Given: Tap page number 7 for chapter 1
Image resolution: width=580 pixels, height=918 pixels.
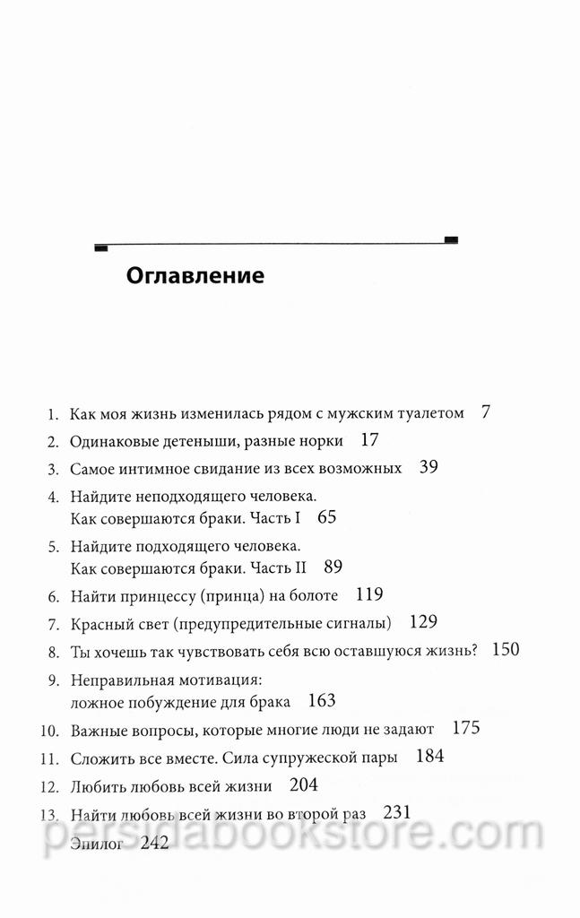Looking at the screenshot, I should click(485, 413).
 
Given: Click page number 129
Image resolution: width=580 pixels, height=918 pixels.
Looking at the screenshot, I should click(422, 620).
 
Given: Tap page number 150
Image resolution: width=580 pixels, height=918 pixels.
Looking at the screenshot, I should click(506, 649).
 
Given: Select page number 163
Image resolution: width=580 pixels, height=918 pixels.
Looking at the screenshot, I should click(321, 700).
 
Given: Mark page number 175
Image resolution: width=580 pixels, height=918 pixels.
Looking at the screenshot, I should click(466, 728).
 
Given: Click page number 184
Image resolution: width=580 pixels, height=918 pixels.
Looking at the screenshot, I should click(430, 757).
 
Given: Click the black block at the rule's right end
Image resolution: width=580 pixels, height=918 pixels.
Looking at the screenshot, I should click(452, 238).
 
